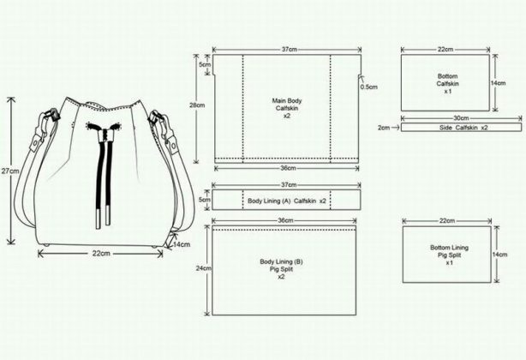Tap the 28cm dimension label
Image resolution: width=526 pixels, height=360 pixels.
(199, 105)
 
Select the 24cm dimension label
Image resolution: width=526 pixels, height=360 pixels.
(202, 268)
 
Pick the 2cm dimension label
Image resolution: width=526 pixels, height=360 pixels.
(384, 128)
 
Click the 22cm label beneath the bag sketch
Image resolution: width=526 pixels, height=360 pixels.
(100, 253)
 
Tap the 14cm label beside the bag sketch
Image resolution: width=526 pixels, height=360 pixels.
(182, 244)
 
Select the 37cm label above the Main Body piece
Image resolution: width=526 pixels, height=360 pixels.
(288, 51)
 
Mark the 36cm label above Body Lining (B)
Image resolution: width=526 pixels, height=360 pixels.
(286, 221)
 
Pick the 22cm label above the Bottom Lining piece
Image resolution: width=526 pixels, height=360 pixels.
(445, 221)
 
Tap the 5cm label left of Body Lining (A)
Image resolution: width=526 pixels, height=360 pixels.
(203, 200)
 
